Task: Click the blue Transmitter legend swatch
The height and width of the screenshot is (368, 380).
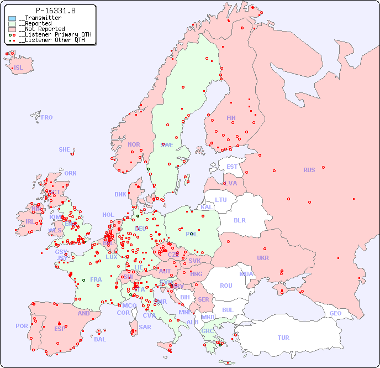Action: tap(12, 18)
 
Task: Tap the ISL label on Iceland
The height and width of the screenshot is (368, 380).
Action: tap(19, 68)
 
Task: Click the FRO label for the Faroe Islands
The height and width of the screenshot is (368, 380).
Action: tap(47, 117)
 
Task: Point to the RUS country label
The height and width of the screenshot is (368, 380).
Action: tap(309, 170)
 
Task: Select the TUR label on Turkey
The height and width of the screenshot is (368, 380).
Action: tap(283, 338)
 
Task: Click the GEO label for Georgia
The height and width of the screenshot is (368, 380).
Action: tap(335, 313)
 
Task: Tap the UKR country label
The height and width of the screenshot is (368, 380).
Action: tap(263, 258)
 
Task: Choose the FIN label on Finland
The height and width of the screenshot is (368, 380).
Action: tap(231, 118)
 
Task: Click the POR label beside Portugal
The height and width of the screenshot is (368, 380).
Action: tap(22, 326)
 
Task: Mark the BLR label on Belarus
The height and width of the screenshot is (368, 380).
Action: tap(239, 220)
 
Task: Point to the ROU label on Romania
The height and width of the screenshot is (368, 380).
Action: tap(226, 286)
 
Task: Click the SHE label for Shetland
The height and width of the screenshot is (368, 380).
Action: tap(65, 149)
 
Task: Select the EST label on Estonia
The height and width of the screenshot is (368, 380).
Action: tap(232, 167)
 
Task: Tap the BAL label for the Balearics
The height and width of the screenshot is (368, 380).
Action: tap(100, 339)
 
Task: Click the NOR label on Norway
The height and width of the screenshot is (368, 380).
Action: tap(134, 144)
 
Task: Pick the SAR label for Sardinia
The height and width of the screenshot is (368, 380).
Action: tap(145, 327)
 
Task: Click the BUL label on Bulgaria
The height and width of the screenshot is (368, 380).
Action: tap(228, 310)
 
